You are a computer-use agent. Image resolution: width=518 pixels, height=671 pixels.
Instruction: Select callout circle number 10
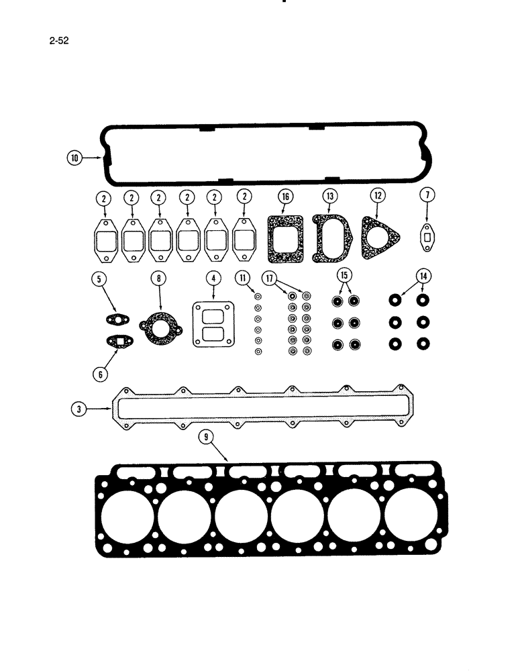74,158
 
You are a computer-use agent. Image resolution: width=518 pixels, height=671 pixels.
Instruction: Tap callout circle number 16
286,196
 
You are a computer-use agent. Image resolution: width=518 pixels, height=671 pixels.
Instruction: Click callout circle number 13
329,196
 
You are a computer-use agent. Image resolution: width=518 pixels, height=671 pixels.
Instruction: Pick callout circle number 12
378,196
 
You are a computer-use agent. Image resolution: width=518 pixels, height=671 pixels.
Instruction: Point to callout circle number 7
428,196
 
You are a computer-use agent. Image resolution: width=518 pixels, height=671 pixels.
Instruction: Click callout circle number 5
101,276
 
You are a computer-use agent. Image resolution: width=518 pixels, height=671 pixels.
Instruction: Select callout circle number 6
100,374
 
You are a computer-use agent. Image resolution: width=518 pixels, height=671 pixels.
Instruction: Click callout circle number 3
79,408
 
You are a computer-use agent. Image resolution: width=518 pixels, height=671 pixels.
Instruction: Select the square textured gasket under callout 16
287,239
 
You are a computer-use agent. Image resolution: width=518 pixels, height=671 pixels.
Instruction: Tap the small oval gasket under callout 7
427,236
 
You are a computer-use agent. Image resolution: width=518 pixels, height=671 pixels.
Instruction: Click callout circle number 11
242,276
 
